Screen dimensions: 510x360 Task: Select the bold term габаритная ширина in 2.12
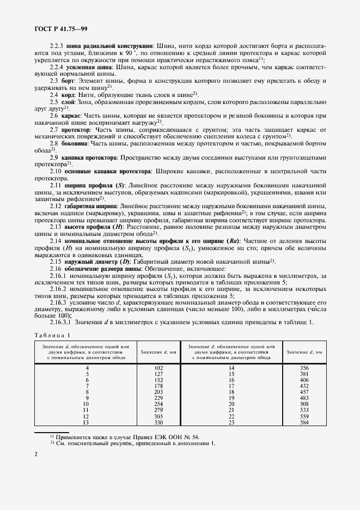click(95, 207)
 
